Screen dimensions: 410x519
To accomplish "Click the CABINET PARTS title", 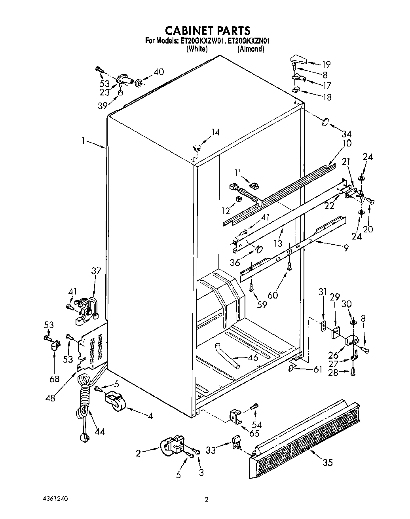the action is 207,30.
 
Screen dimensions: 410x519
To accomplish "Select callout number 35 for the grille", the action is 327,462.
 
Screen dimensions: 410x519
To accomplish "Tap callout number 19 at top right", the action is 326,65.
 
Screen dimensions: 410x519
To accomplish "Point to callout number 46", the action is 253,357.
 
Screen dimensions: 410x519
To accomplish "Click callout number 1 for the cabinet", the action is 84,141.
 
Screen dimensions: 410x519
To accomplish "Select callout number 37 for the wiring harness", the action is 96,271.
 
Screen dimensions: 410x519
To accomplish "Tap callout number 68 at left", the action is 54,378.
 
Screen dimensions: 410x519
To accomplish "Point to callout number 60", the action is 272,295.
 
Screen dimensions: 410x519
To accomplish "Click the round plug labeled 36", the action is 259,249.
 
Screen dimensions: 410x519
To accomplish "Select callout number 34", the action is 347,134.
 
